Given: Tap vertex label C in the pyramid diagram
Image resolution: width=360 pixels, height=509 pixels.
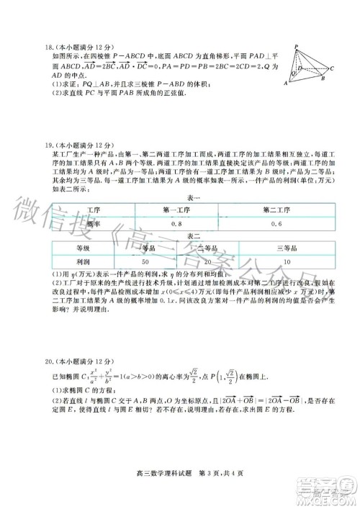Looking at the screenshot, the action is [331, 68].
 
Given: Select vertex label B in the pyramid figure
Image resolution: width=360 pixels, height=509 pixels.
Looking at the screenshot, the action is [323, 79].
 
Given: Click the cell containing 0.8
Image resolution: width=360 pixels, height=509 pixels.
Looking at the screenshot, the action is [177, 224].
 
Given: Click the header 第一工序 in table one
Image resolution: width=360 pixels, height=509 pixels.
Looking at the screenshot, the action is [177, 210].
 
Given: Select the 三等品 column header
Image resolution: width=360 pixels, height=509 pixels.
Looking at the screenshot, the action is [287, 247].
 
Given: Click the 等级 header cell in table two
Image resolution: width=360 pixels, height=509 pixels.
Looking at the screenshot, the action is [84, 247].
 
